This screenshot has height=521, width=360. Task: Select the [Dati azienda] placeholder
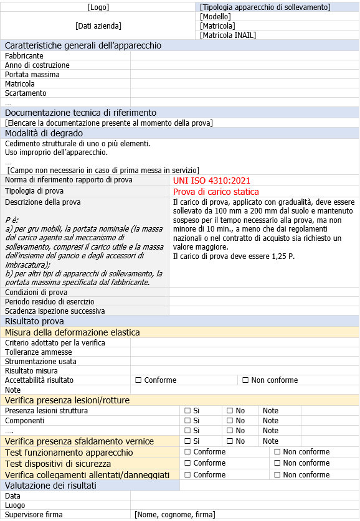[98, 26]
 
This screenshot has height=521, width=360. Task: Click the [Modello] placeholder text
[216, 17]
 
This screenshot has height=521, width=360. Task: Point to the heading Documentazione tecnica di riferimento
[80, 113]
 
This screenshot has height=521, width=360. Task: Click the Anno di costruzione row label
[37, 65]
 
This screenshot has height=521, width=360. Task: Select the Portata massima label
[32, 75]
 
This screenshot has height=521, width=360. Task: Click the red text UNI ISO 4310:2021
[212, 181]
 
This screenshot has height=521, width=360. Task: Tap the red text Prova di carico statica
[216, 192]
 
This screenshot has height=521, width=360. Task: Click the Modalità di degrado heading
[44, 133]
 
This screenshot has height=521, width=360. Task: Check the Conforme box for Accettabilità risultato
[138, 380]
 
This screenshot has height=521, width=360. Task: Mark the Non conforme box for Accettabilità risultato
[245, 380]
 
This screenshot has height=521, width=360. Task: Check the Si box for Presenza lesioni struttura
[187, 411]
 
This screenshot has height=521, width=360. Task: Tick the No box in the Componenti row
[229, 421]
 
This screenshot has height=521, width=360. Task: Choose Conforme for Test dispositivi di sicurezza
[187, 463]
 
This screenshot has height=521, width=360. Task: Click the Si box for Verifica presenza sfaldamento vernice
[187, 441]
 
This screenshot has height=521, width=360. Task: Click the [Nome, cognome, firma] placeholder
[174, 515]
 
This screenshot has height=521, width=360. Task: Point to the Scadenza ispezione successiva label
[55, 311]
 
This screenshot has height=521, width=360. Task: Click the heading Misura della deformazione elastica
[72, 332]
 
